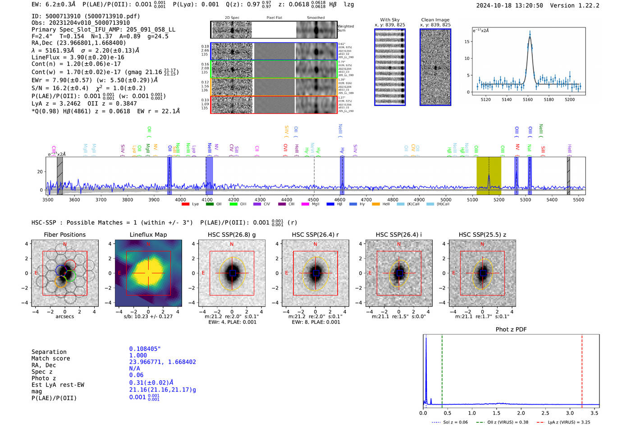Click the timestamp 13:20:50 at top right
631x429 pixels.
(x=529, y=5)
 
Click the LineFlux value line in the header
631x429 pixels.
(x=78, y=57)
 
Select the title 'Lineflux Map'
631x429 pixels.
(x=148, y=235)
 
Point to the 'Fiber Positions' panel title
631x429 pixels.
(x=65, y=235)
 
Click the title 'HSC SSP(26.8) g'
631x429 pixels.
(x=232, y=235)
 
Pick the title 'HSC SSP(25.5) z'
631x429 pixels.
(x=482, y=235)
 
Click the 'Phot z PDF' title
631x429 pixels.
(x=511, y=329)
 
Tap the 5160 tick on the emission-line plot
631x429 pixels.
(x=528, y=99)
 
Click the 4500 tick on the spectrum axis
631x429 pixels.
(x=313, y=199)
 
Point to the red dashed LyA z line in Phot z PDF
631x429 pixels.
(x=582, y=369)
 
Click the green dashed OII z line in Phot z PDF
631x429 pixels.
(x=442, y=369)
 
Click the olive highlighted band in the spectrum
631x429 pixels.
(x=489, y=176)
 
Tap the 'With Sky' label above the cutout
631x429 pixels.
(x=390, y=20)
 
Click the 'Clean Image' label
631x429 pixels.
(x=435, y=20)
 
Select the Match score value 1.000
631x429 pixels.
(x=138, y=355)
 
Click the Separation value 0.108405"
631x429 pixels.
(x=145, y=349)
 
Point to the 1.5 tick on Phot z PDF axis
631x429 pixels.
(x=496, y=413)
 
